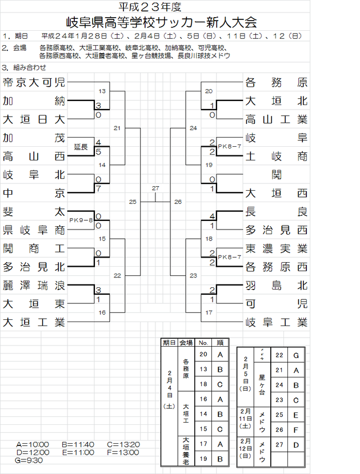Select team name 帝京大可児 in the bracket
(x=34, y=82)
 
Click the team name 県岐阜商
(x=34, y=230)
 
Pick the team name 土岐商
(x=277, y=156)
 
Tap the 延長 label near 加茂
(x=81, y=147)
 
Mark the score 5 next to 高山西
(x=99, y=152)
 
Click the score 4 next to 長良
(x=212, y=216)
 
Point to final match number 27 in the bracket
(x=155, y=188)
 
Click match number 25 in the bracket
(x=133, y=202)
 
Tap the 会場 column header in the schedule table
(x=186, y=343)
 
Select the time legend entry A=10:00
(x=33, y=444)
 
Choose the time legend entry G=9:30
(x=29, y=460)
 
